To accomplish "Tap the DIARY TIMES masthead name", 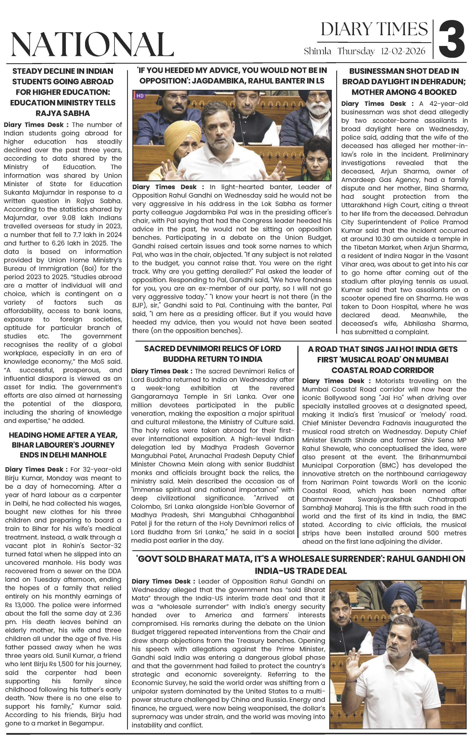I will (x=374, y=29).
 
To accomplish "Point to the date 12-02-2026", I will (x=403, y=51).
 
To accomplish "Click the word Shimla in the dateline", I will (x=317, y=51).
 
